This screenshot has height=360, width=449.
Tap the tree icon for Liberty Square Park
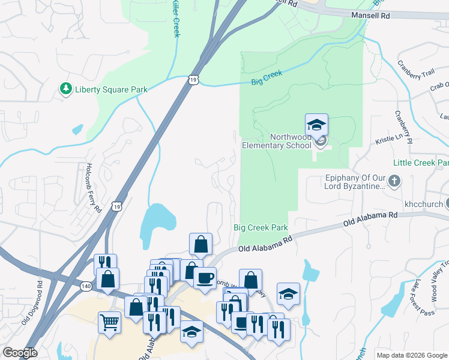click(65, 89)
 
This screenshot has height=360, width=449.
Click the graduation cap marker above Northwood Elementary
click(316, 125)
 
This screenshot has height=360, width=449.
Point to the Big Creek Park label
click(261, 228)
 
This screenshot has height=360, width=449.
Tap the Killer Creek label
click(175, 18)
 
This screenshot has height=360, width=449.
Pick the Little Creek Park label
click(421, 163)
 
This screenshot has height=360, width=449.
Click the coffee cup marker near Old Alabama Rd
click(205, 278)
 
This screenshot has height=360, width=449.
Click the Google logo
click(20, 353)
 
